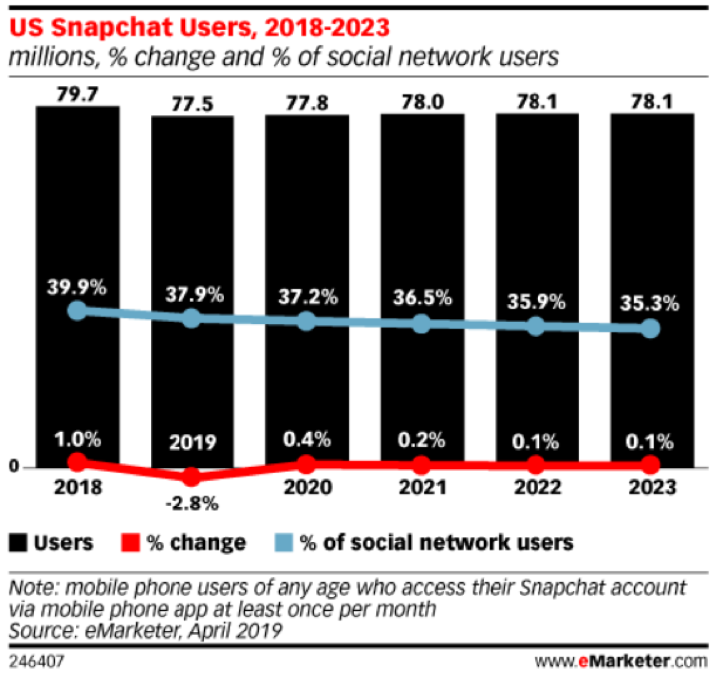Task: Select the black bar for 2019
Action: coord(192,219)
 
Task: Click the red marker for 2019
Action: coord(192,477)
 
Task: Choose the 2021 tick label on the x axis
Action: coord(422,488)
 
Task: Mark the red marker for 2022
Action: coord(537,465)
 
